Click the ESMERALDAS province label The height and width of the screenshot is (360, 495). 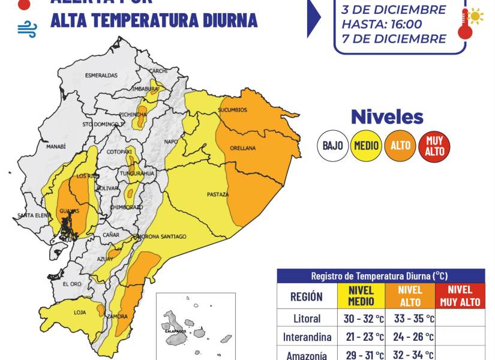(x=101, y=76)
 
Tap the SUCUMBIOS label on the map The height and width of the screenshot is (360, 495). (x=232, y=110)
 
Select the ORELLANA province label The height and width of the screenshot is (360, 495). (x=242, y=148)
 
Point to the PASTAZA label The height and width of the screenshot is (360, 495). (x=218, y=194)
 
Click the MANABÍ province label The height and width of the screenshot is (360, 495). (x=56, y=146)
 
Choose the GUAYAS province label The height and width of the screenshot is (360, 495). (x=69, y=211)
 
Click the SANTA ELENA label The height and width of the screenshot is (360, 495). (x=33, y=215)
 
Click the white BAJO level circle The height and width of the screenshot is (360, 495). (x=332, y=146)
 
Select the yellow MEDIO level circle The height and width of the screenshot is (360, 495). (x=366, y=146)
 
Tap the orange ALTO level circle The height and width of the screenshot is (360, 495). (x=400, y=146)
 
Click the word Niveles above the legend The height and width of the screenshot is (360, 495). (x=387, y=117)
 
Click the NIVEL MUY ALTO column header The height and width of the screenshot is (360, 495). (x=461, y=296)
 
